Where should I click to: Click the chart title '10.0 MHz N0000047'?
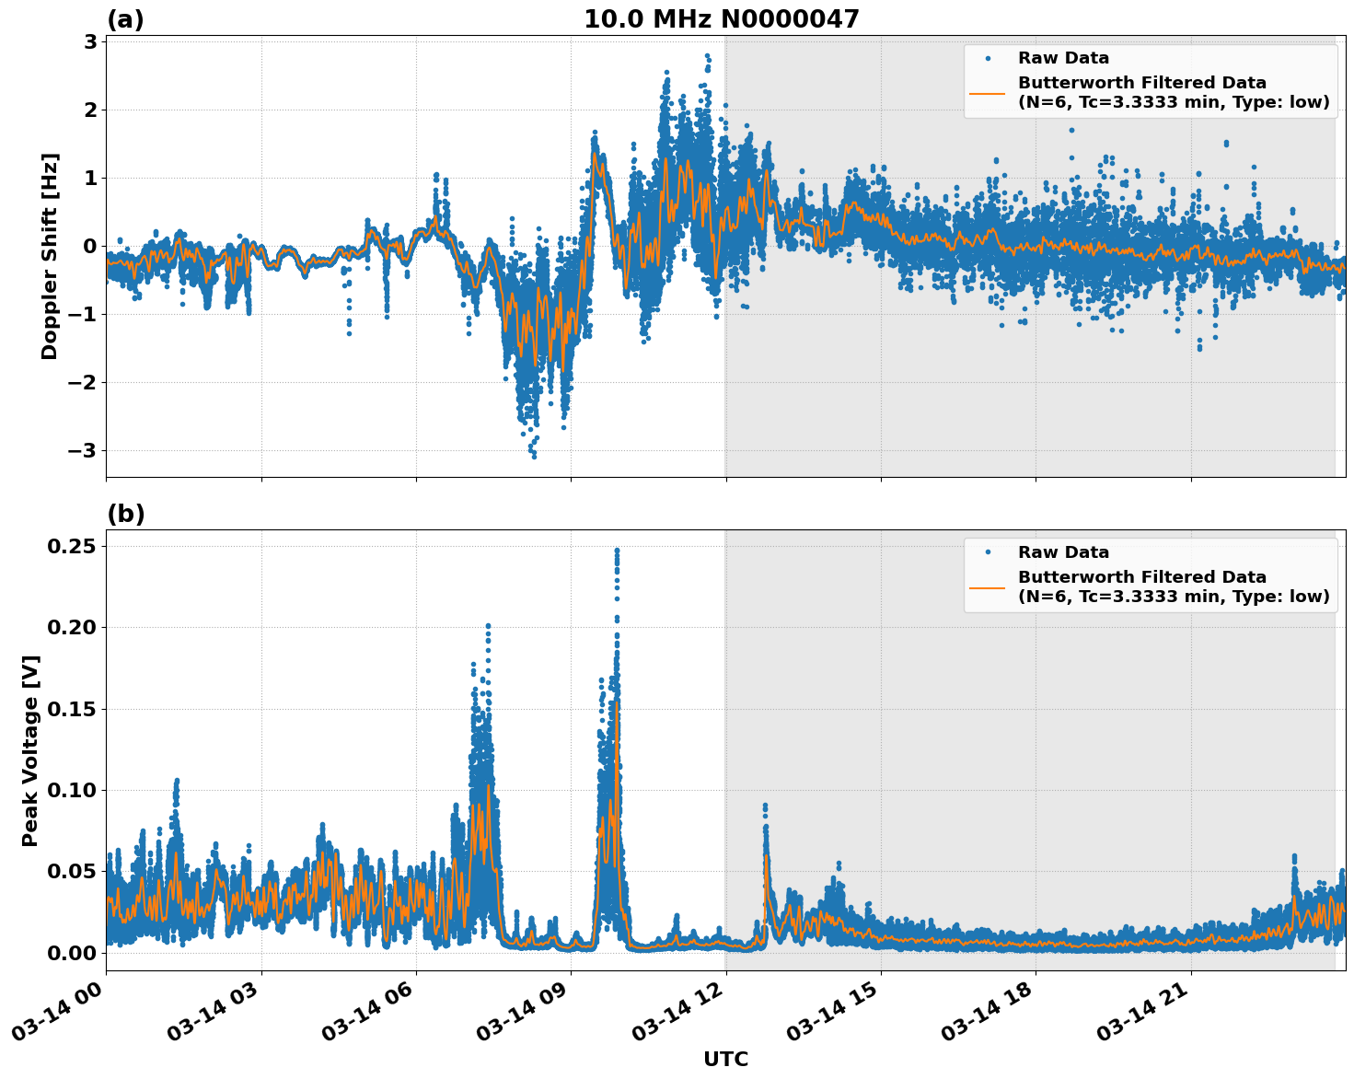(x=721, y=19)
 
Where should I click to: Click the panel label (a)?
(x=125, y=19)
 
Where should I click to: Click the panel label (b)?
(x=125, y=514)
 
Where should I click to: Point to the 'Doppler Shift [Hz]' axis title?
(x=50, y=256)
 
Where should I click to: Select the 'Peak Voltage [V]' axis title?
(x=30, y=750)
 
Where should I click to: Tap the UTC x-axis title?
(x=725, y=1059)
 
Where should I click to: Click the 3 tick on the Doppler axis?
(x=90, y=41)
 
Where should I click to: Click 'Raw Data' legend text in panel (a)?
(x=1063, y=58)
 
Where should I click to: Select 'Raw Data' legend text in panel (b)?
(x=1063, y=552)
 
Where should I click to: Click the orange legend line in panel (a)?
(x=987, y=93)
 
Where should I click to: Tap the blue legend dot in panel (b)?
(x=988, y=552)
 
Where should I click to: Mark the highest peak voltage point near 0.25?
(x=617, y=551)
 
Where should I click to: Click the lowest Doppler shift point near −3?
(x=534, y=456)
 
